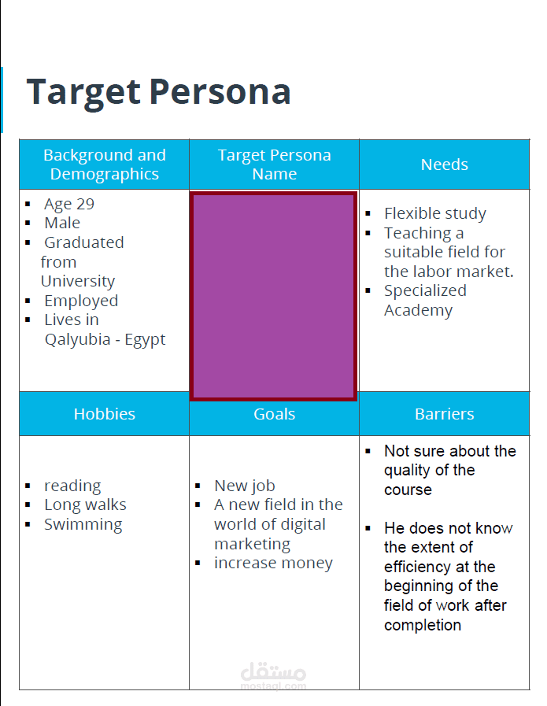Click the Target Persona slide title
[158, 92]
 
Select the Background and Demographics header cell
[105, 164]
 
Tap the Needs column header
[444, 164]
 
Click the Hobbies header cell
[105, 414]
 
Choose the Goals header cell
[274, 414]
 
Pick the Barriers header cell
[444, 414]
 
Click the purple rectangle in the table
[274, 295]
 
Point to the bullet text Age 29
[69, 204]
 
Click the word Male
[62, 223]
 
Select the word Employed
[81, 301]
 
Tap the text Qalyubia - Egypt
[105, 340]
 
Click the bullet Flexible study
[434, 213]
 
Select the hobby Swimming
[83, 524]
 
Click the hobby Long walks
[85, 505]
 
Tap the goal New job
[244, 486]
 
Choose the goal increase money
[273, 563]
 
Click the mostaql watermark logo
[273, 675]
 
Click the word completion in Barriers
[423, 625]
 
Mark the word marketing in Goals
[252, 544]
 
